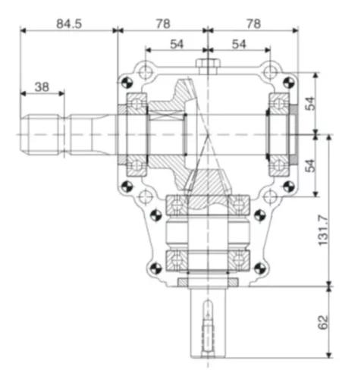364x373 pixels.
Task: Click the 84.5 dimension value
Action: pos(68,24)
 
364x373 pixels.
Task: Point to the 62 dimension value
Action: pos(325,322)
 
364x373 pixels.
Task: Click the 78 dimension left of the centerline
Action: pos(162,24)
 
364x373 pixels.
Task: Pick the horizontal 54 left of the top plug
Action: pos(177,45)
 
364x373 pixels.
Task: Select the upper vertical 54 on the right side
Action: pos(309,104)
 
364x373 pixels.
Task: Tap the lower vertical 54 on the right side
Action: pos(309,165)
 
